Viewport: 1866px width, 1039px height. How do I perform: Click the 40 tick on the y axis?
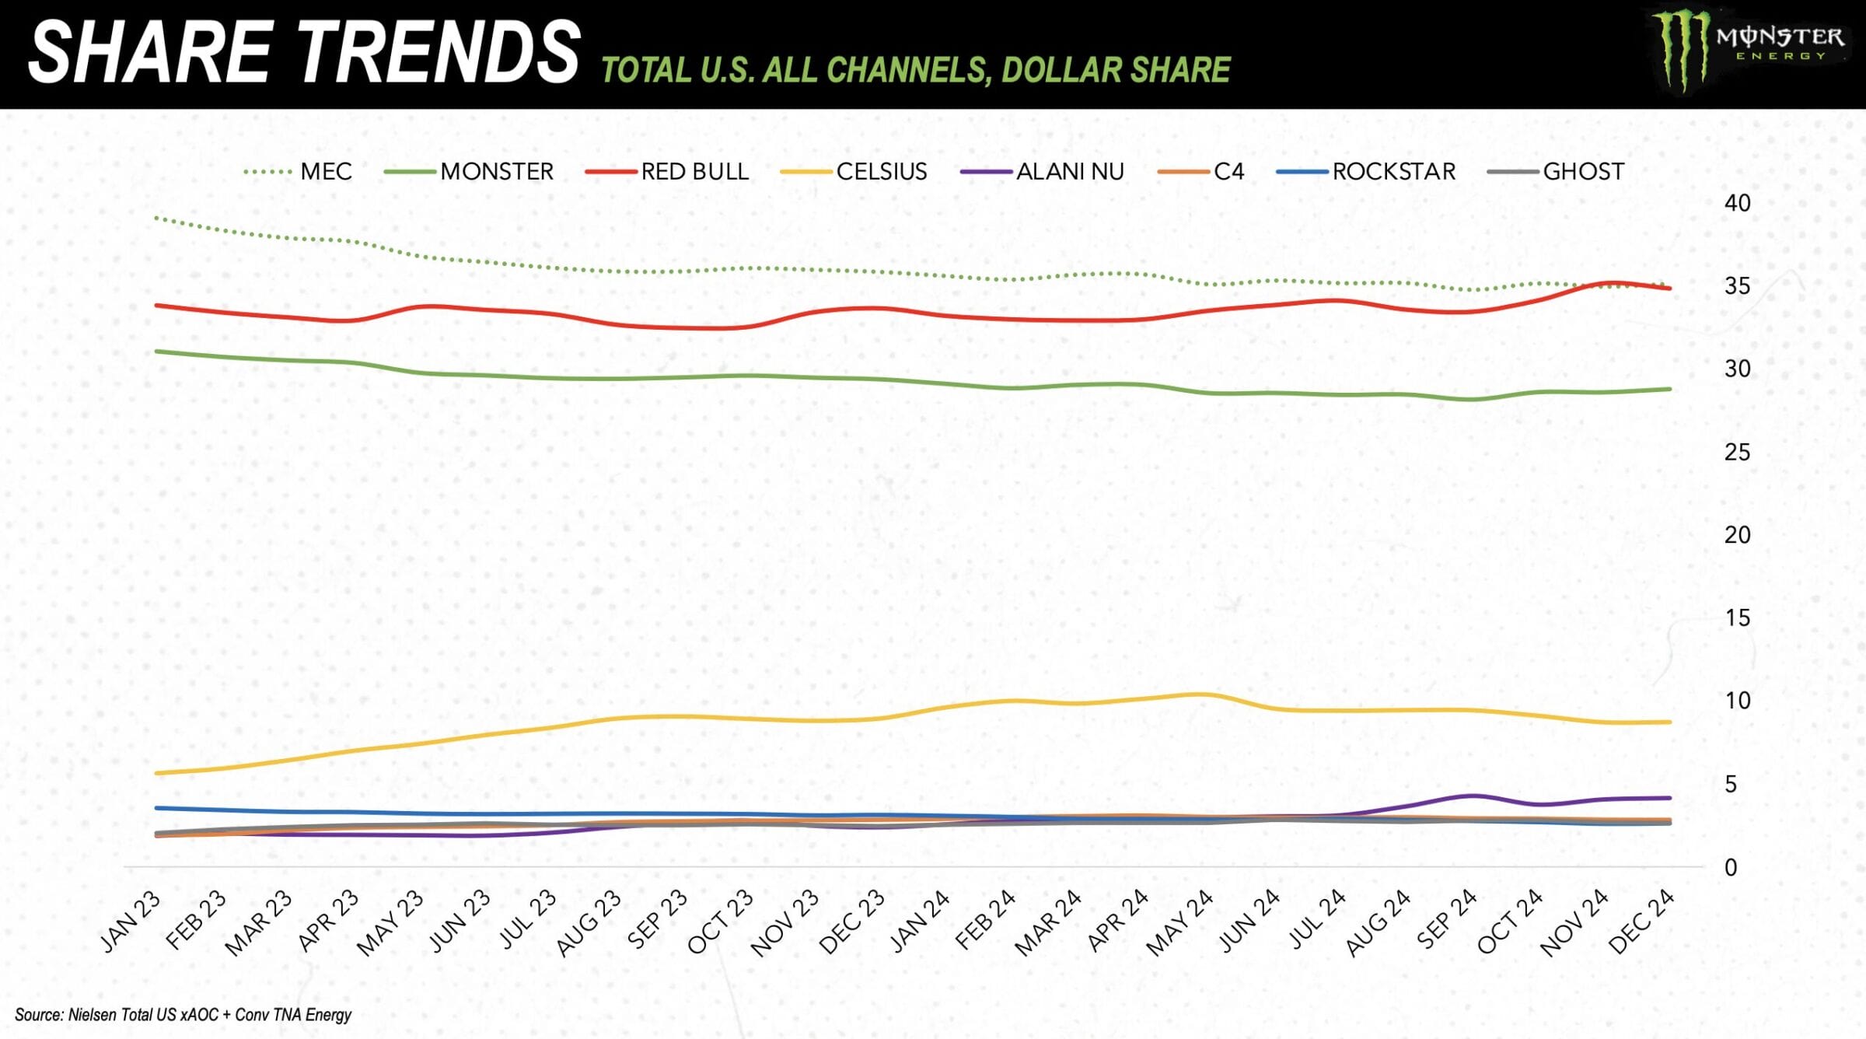(x=1737, y=204)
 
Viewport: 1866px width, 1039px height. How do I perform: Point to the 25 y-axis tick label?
(x=1737, y=453)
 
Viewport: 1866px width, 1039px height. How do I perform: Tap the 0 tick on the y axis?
(x=1731, y=868)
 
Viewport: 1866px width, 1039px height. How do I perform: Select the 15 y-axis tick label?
(x=1737, y=619)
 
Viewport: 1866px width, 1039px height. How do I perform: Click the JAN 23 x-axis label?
(x=131, y=922)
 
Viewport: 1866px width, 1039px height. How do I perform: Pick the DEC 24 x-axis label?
(x=1641, y=922)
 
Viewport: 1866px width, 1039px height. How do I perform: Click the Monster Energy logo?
(x=1749, y=51)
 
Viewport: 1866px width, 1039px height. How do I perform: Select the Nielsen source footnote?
(x=183, y=1015)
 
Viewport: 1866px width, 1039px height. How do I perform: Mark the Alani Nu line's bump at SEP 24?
(x=1472, y=796)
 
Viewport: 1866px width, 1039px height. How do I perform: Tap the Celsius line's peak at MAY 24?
(x=1202, y=694)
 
